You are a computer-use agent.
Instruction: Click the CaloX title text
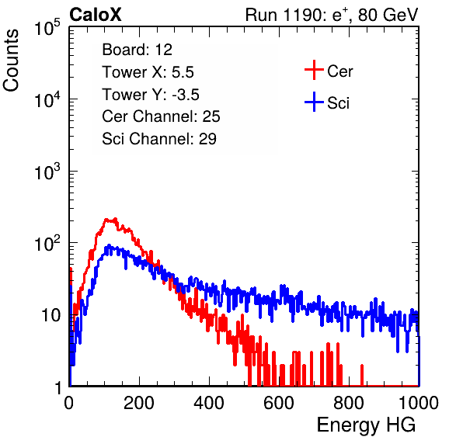click(95, 15)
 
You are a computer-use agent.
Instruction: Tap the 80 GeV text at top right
click(388, 15)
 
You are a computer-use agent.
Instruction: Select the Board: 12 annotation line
click(137, 50)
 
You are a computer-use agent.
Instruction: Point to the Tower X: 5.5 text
click(148, 72)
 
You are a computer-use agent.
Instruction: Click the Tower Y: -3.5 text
click(151, 95)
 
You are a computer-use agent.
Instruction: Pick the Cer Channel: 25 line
click(161, 116)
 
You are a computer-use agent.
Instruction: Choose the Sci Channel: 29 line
click(159, 139)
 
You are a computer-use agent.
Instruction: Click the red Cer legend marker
click(314, 70)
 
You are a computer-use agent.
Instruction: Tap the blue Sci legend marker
click(314, 102)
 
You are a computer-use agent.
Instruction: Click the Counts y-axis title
click(11, 61)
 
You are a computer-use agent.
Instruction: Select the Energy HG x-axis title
click(366, 425)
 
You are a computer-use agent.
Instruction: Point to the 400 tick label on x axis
click(209, 403)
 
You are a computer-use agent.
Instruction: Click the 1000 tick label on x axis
click(419, 403)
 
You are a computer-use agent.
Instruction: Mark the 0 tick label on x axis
click(69, 403)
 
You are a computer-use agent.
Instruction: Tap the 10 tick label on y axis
click(50, 315)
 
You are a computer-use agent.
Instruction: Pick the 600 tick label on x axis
click(279, 403)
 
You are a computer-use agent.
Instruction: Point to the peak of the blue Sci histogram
click(109, 245)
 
